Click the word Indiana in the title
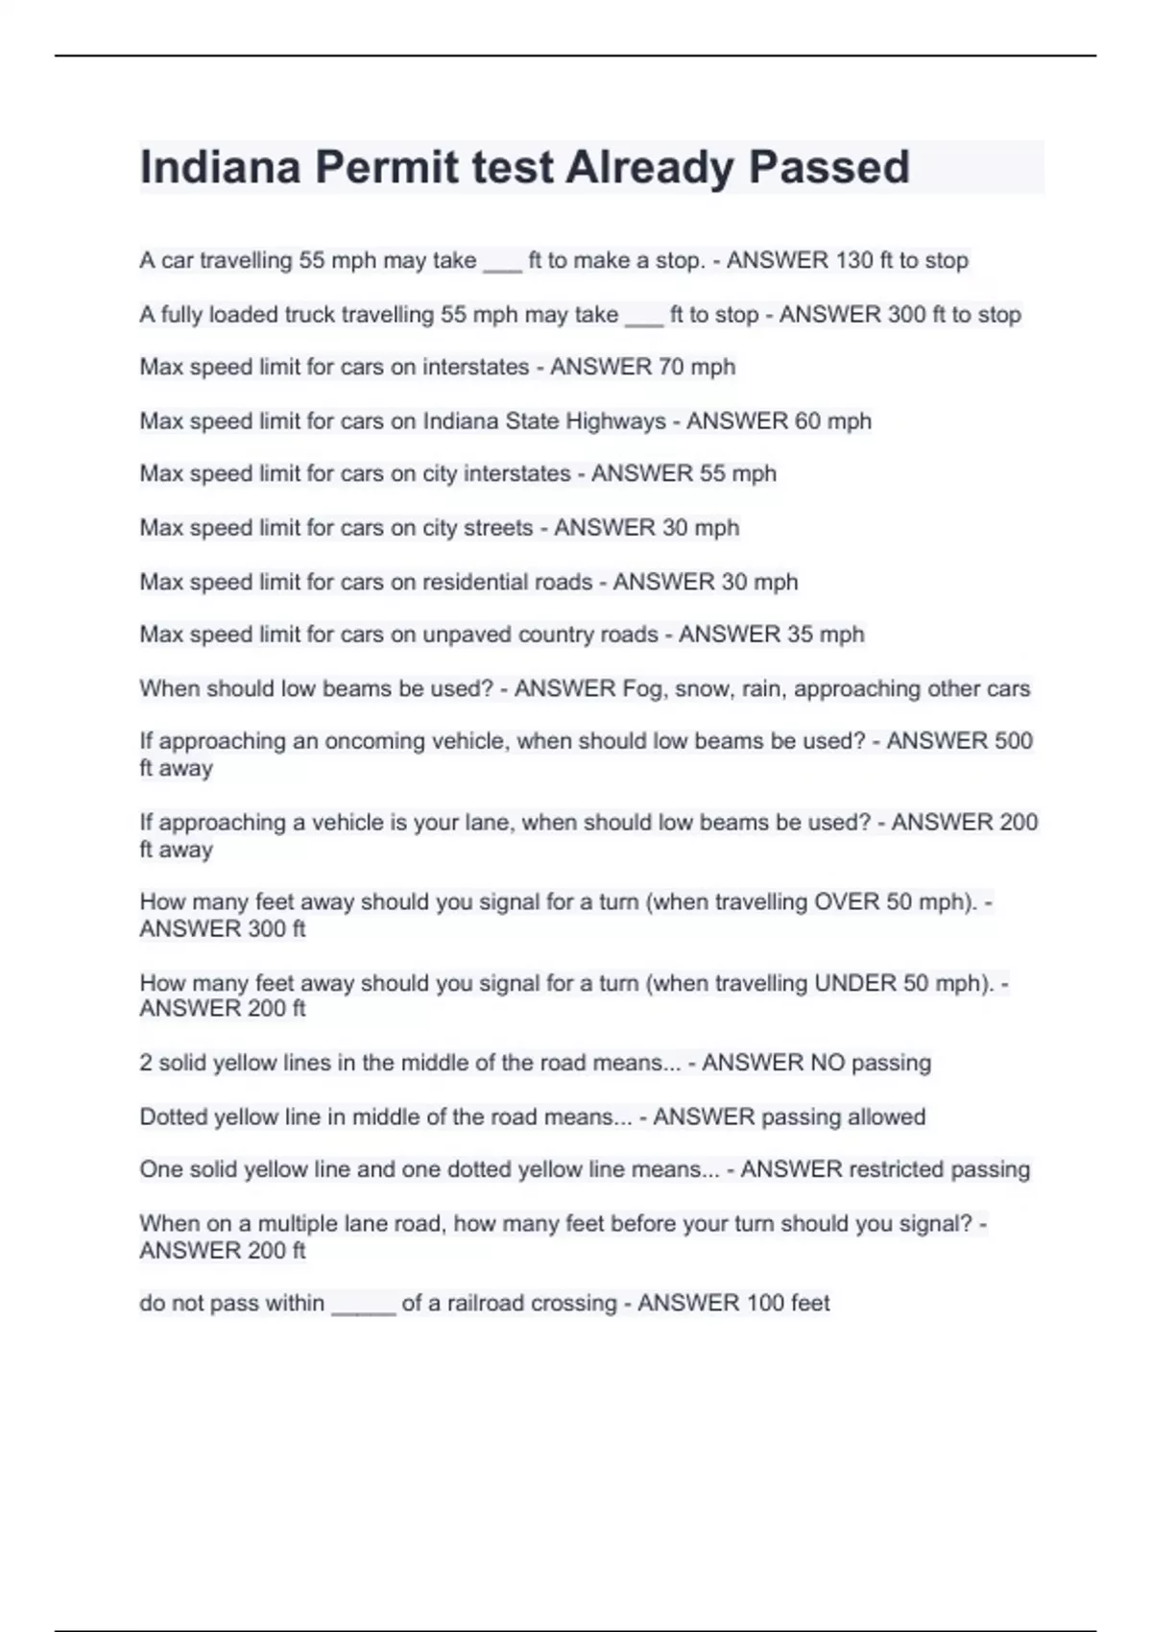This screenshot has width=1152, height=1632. (220, 167)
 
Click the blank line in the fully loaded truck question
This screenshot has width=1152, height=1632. (643, 318)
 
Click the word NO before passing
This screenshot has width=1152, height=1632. (828, 1063)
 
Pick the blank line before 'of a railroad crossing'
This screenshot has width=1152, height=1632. (363, 1307)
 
